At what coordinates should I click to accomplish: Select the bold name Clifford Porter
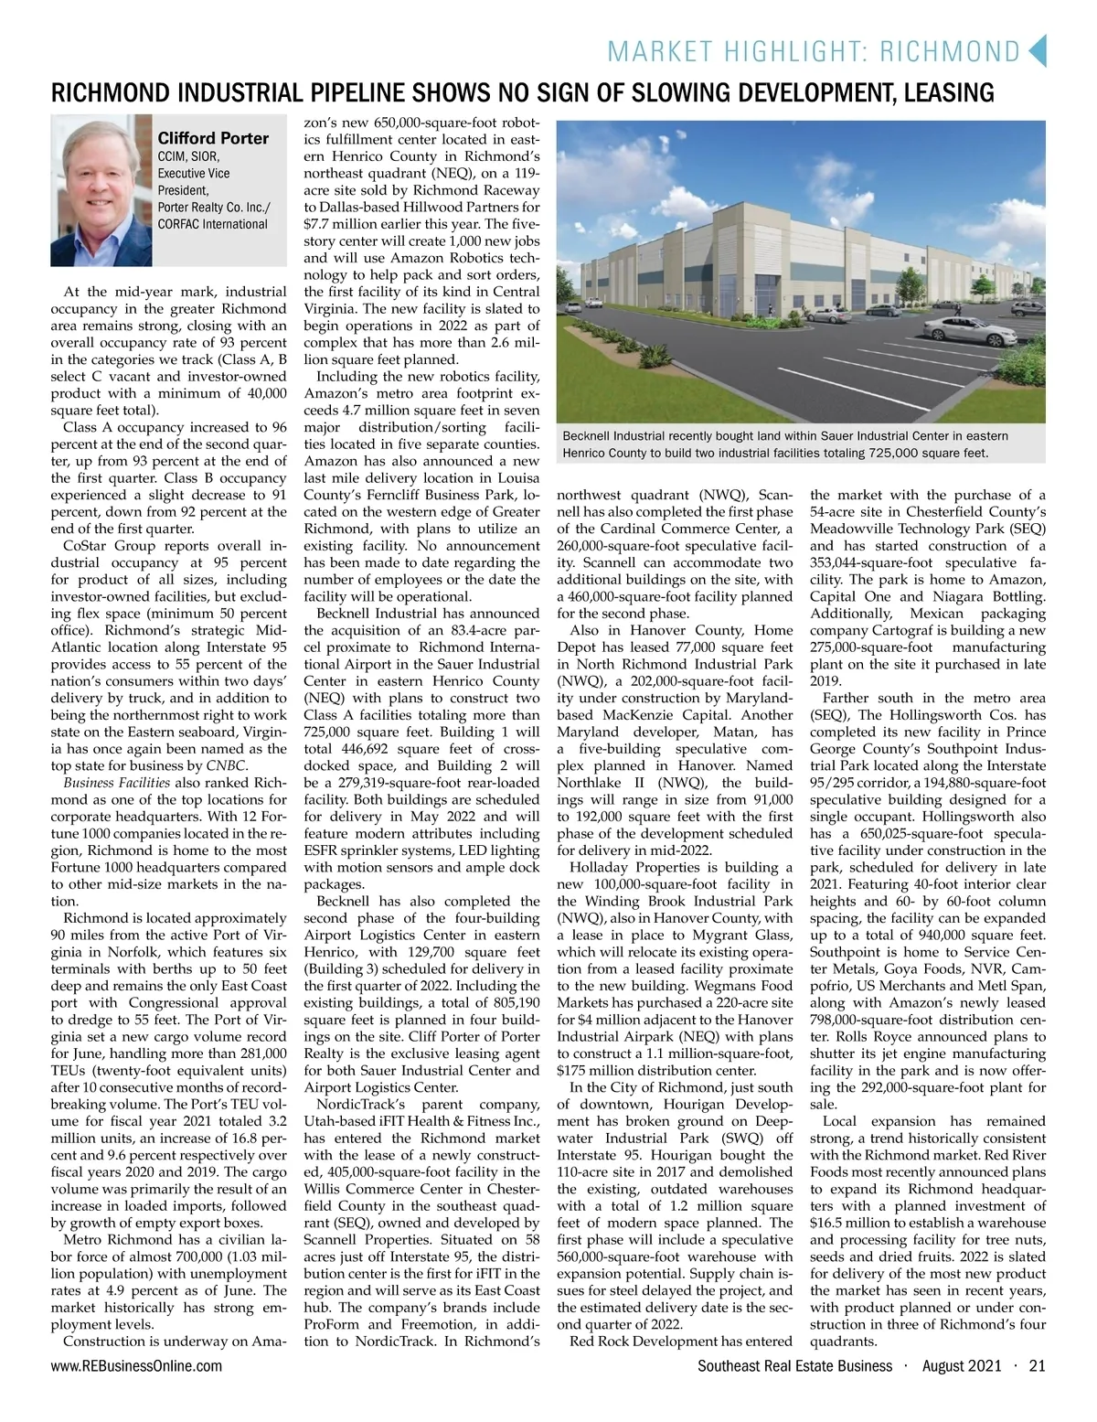click(x=213, y=138)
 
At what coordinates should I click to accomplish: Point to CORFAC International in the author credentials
click(x=212, y=224)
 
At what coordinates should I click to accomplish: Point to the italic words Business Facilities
click(x=116, y=783)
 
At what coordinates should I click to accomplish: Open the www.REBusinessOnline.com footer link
click(x=136, y=1366)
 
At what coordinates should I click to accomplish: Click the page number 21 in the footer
click(x=1037, y=1366)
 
